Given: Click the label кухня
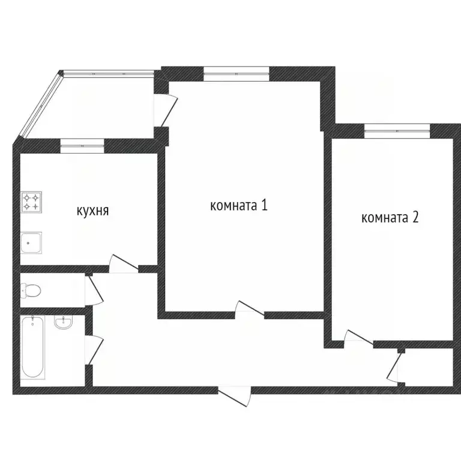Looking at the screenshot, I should [x=92, y=211].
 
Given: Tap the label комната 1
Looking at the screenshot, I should [x=238, y=205].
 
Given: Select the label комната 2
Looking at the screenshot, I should [x=390, y=217].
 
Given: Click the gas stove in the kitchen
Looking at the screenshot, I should [x=32, y=202].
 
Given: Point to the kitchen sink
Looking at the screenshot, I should [x=31, y=243].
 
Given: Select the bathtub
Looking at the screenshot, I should [x=32, y=348].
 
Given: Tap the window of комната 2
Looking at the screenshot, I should [x=397, y=127].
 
